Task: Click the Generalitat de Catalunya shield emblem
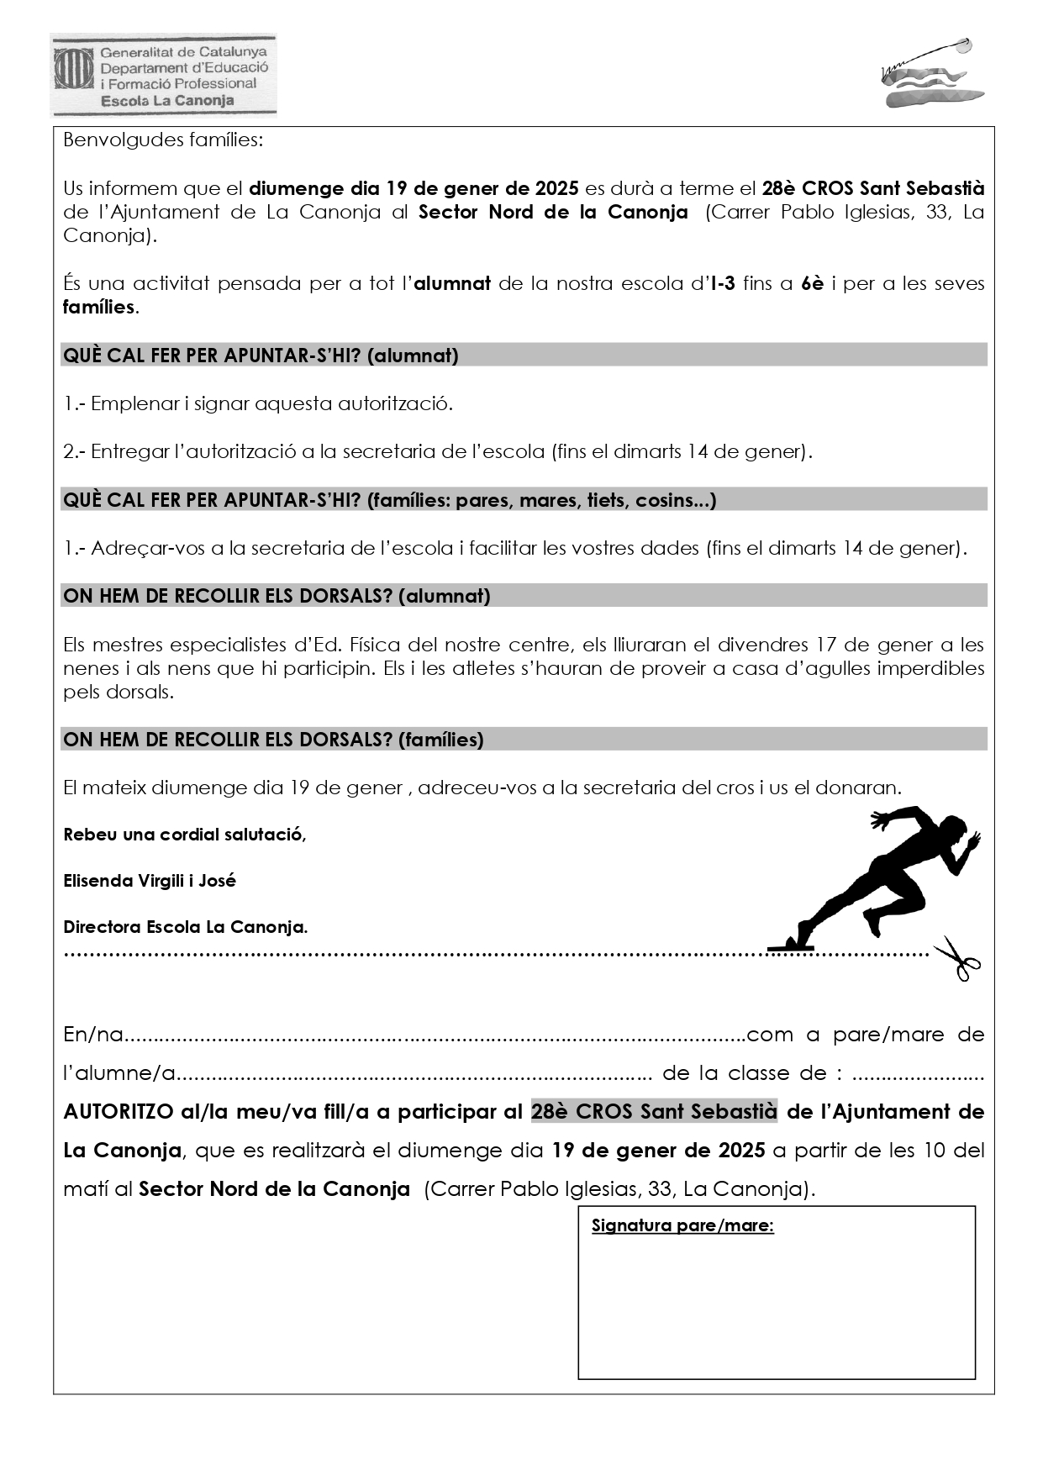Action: [74, 68]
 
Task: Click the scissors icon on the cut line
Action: [957, 958]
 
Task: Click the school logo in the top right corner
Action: [931, 74]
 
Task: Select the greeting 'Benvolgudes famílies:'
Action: [163, 140]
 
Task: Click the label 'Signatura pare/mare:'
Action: [682, 1225]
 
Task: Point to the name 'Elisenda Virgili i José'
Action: [150, 881]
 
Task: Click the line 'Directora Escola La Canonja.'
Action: [186, 927]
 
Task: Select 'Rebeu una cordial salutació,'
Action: [185, 835]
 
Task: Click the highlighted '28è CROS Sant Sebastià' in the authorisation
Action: [654, 1111]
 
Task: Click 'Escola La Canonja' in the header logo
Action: [167, 101]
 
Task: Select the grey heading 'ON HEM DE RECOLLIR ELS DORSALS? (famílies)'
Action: [273, 740]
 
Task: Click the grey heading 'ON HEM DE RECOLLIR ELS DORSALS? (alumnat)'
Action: [277, 596]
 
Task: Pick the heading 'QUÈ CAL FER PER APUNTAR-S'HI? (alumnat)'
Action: [261, 356]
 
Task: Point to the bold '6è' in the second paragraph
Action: [812, 283]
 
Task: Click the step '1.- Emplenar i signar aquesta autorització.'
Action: [258, 403]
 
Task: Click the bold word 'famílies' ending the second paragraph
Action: [99, 307]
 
